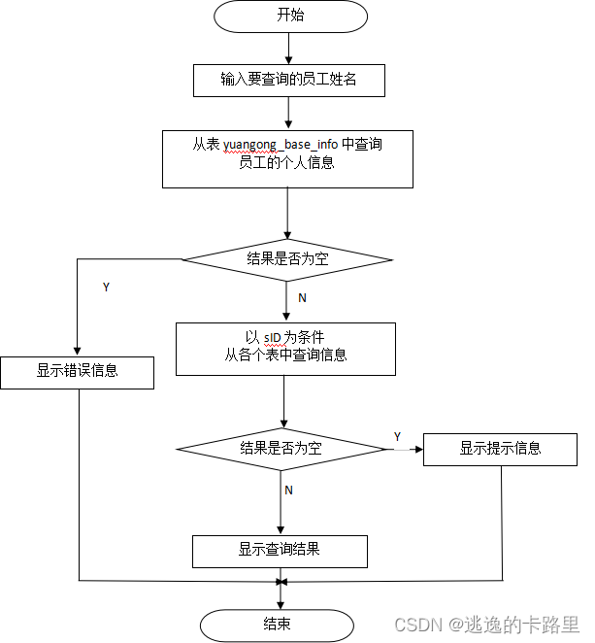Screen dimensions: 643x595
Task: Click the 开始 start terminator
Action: point(289,17)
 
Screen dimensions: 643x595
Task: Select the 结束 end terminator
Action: point(277,624)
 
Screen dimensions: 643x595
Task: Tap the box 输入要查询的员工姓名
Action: point(288,80)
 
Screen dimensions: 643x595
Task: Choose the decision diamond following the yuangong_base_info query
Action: point(287,258)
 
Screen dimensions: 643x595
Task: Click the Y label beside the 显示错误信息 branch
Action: point(105,288)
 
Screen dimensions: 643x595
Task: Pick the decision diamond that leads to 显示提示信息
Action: point(281,449)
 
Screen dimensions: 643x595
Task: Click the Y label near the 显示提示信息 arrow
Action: point(397,436)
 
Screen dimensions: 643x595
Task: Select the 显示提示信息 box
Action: point(500,449)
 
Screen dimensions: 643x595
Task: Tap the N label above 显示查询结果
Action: point(288,491)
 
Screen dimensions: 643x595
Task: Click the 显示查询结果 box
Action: point(280,550)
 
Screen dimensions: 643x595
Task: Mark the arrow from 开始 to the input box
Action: point(288,50)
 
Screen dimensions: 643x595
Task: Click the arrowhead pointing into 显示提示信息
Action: point(418,449)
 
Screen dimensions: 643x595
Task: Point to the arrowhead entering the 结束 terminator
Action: point(281,604)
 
